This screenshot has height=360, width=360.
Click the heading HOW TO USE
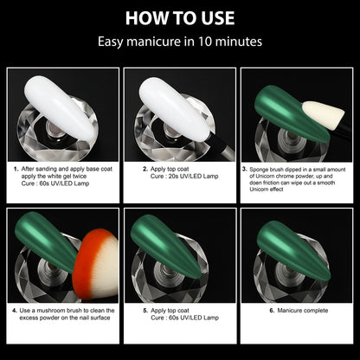pyautogui.click(x=180, y=18)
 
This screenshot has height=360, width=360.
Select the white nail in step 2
pyautogui.click(x=176, y=109)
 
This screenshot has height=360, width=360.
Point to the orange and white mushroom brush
pyautogui.click(x=96, y=265)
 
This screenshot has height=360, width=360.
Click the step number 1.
pyautogui.click(x=16, y=170)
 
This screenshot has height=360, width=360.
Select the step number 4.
pyautogui.click(x=15, y=311)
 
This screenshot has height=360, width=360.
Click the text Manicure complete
pyautogui.click(x=303, y=311)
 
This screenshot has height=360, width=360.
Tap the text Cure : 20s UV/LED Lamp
pyautogui.click(x=184, y=177)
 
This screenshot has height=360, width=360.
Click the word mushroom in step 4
pyautogui.click(x=51, y=311)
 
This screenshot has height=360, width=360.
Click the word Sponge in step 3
pyautogui.click(x=259, y=170)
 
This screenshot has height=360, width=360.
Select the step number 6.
pyautogui.click(x=272, y=311)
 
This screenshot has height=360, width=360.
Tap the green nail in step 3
pyautogui.click(x=292, y=113)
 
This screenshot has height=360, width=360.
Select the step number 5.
pyautogui.click(x=145, y=311)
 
